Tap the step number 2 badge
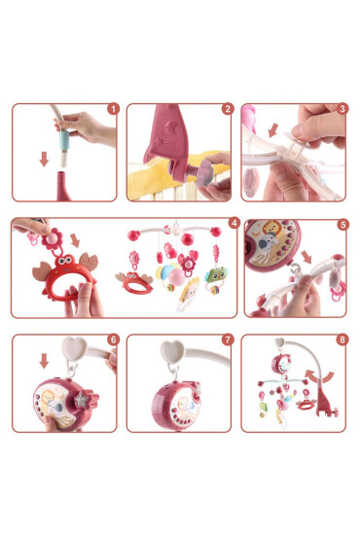pos(227,110)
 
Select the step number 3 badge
pos(342,110)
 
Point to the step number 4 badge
pos(233,224)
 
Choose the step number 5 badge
pos(342,224)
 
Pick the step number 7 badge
pos(227,340)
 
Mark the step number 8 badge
pos(342,340)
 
